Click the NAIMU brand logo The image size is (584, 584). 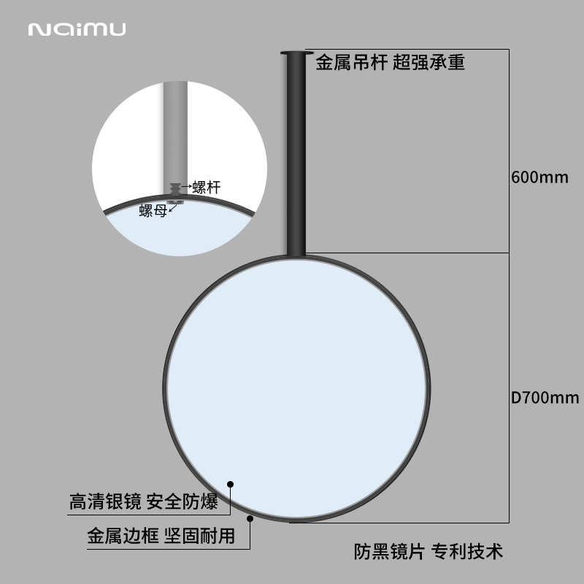tap(77, 29)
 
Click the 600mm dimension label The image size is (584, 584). tap(539, 177)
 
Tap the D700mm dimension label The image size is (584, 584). tap(545, 398)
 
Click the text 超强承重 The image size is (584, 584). tap(429, 63)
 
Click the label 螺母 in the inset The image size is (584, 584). tap(153, 211)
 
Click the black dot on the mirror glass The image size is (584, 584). tap(230, 483)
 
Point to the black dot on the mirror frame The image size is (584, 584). tap(250, 519)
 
